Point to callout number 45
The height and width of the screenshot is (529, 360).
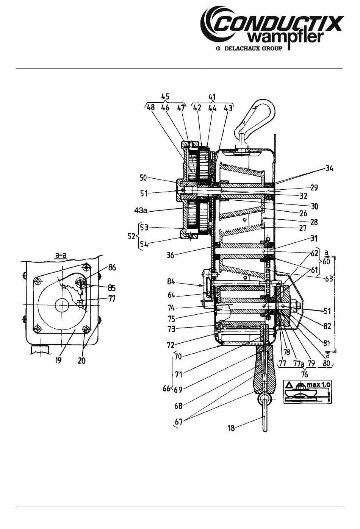165,97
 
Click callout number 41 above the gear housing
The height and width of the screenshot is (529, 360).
212,97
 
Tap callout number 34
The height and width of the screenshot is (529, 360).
329,169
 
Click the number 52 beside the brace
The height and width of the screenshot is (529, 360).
131,236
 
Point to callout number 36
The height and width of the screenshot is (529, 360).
170,255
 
